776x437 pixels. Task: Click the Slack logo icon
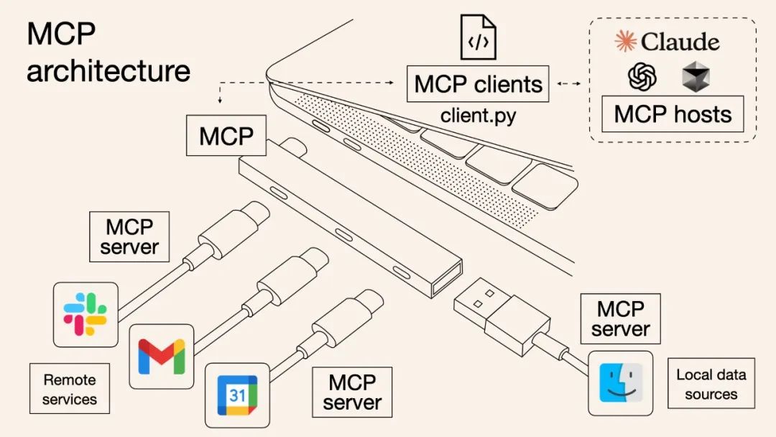(x=86, y=314)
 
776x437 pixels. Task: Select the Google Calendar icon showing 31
(x=237, y=395)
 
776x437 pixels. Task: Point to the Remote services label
(x=69, y=389)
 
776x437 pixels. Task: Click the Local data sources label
(x=711, y=384)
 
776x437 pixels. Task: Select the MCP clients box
(x=478, y=84)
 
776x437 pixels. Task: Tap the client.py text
(x=478, y=115)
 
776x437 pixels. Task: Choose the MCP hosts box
(x=673, y=114)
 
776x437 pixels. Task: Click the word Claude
(x=680, y=42)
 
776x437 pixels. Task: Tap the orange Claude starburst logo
(x=625, y=42)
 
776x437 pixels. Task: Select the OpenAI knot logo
(x=642, y=76)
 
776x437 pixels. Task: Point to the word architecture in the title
(x=108, y=71)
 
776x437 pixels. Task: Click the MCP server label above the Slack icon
(x=129, y=236)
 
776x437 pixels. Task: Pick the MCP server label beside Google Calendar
(x=352, y=392)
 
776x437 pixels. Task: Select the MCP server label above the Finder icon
(x=620, y=318)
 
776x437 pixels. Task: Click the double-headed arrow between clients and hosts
(x=569, y=85)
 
